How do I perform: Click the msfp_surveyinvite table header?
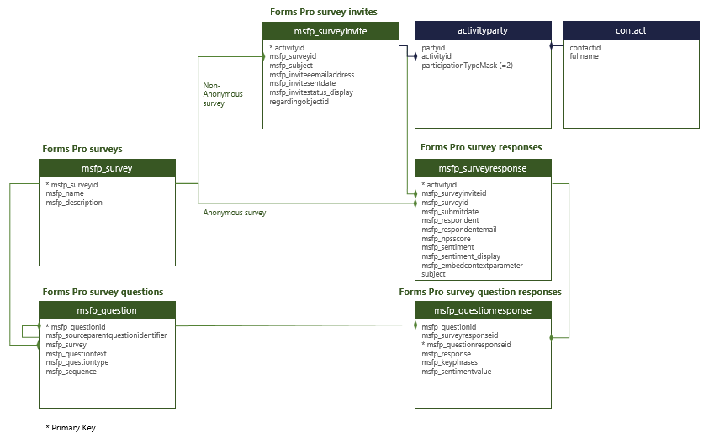click(331, 31)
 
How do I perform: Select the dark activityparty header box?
click(483, 31)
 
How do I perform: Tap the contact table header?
click(631, 31)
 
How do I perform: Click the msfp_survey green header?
click(107, 168)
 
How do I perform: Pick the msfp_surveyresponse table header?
click(483, 168)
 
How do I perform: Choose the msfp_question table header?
click(107, 310)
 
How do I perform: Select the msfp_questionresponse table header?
click(483, 310)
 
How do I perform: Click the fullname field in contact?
click(584, 56)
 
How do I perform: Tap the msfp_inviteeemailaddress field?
click(311, 74)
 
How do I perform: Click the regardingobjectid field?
click(299, 102)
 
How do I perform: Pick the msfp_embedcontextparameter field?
click(472, 266)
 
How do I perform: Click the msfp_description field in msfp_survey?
click(74, 203)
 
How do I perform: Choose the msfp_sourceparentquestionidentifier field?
click(106, 335)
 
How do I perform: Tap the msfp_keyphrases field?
click(451, 362)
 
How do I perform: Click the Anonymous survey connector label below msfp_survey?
click(235, 213)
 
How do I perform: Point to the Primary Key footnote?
click(71, 428)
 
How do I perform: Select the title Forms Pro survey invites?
click(323, 12)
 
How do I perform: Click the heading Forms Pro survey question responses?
click(480, 292)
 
